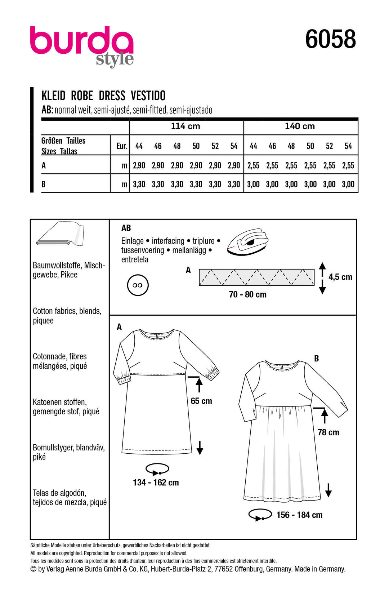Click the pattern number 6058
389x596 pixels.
[330, 39]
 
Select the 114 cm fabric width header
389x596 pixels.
[185, 126]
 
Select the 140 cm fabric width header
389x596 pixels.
[300, 126]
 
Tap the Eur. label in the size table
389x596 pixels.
[122, 146]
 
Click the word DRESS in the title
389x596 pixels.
[112, 96]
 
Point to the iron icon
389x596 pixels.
[248, 241]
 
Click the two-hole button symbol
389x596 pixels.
[138, 285]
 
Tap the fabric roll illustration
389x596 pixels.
[60, 235]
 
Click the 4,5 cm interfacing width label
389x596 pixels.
[340, 277]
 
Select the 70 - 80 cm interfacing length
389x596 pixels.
[247, 294]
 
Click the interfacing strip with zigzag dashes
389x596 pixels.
[256, 277]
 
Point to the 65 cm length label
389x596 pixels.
[201, 401]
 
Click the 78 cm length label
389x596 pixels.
[328, 432]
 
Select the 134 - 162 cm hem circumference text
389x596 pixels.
[156, 482]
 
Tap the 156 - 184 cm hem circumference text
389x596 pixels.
[299, 515]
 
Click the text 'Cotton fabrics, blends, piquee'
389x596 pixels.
[67, 316]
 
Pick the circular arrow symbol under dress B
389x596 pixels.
[260, 515]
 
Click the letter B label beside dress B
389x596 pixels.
[316, 358]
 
